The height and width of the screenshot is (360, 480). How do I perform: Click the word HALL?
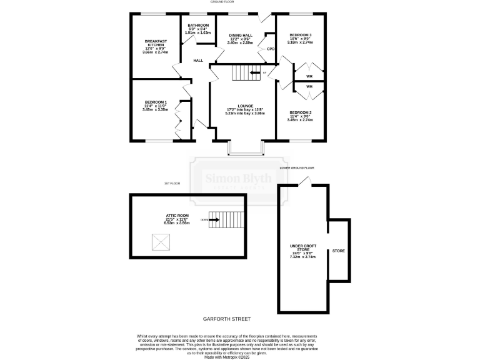[x=198, y=61]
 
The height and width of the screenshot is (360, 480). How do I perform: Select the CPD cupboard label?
[x=271, y=49]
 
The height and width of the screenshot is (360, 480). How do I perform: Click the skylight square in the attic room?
[x=160, y=241]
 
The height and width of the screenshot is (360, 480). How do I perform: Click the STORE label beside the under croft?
[x=338, y=251]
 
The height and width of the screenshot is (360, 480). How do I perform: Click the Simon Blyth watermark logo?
[x=239, y=180]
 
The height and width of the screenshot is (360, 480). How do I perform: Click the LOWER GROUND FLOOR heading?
[x=297, y=168]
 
